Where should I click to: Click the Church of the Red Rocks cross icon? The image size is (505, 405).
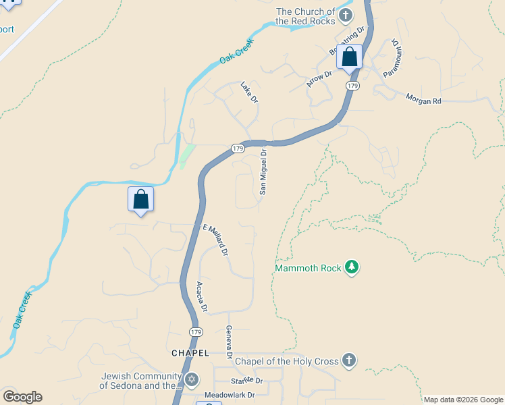(346, 16)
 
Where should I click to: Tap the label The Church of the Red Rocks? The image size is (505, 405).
(304, 16)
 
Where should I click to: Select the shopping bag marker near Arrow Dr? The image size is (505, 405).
(349, 57)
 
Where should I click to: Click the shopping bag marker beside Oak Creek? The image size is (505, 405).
(140, 199)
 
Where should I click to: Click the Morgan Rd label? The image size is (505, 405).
(423, 100)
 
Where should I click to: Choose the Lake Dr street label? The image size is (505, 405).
(250, 92)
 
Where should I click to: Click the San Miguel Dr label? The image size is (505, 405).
(264, 171)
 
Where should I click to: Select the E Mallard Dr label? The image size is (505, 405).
(216, 241)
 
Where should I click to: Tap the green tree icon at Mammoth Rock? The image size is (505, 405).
(351, 268)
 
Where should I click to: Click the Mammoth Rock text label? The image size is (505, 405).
(308, 269)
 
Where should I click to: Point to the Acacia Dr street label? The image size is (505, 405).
(201, 298)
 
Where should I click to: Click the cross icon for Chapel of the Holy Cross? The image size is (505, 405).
(348, 360)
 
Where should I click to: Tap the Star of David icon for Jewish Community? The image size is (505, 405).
(192, 380)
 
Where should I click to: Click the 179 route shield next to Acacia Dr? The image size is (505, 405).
(195, 332)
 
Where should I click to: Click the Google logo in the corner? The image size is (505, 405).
(22, 397)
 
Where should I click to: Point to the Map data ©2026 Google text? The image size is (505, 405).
(463, 400)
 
